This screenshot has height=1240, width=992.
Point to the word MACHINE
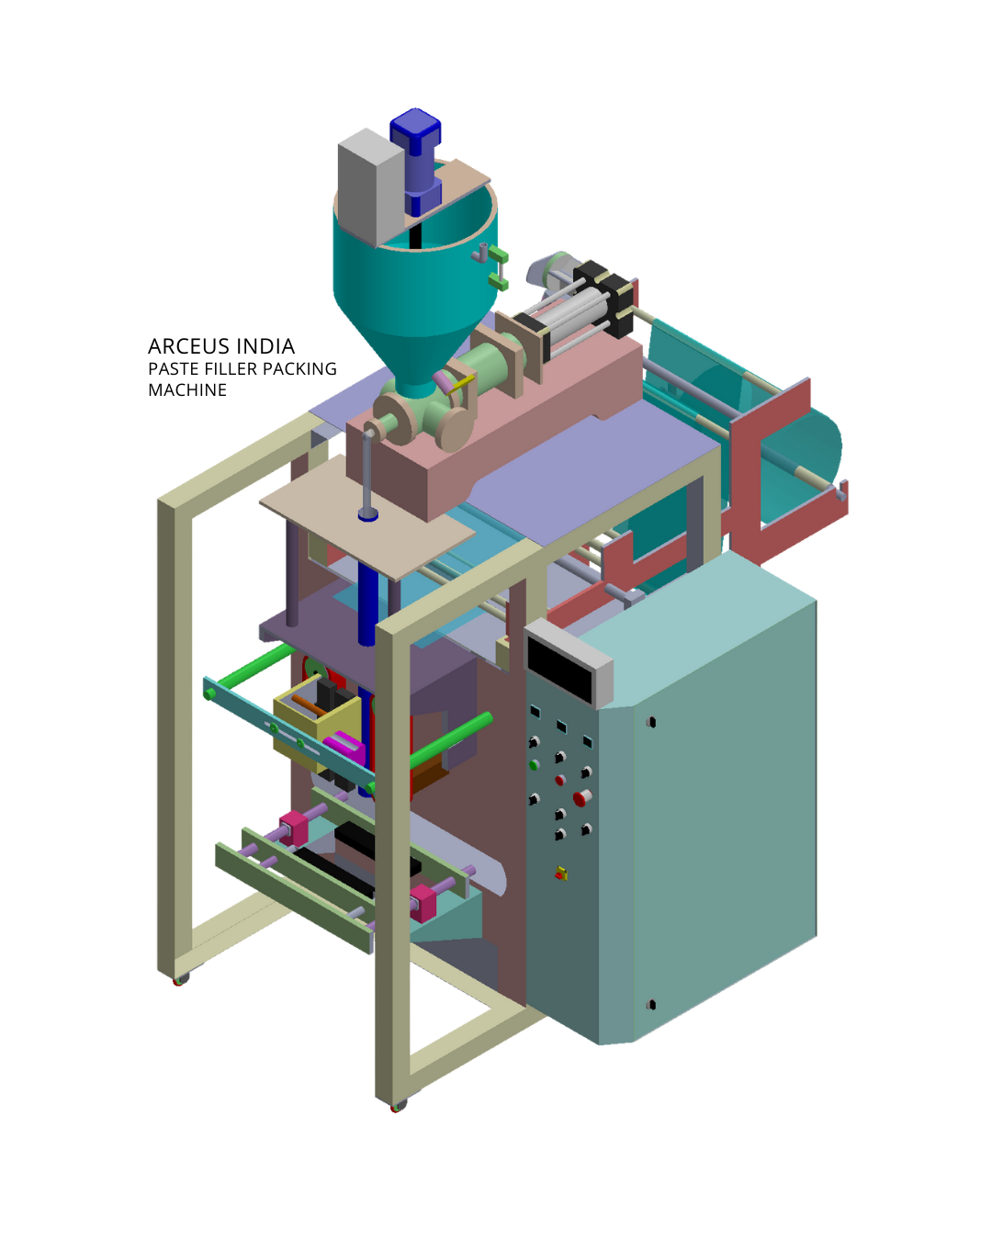tap(187, 390)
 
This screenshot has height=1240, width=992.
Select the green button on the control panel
tap(534, 765)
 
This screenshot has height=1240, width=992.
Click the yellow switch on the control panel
tap(561, 874)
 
